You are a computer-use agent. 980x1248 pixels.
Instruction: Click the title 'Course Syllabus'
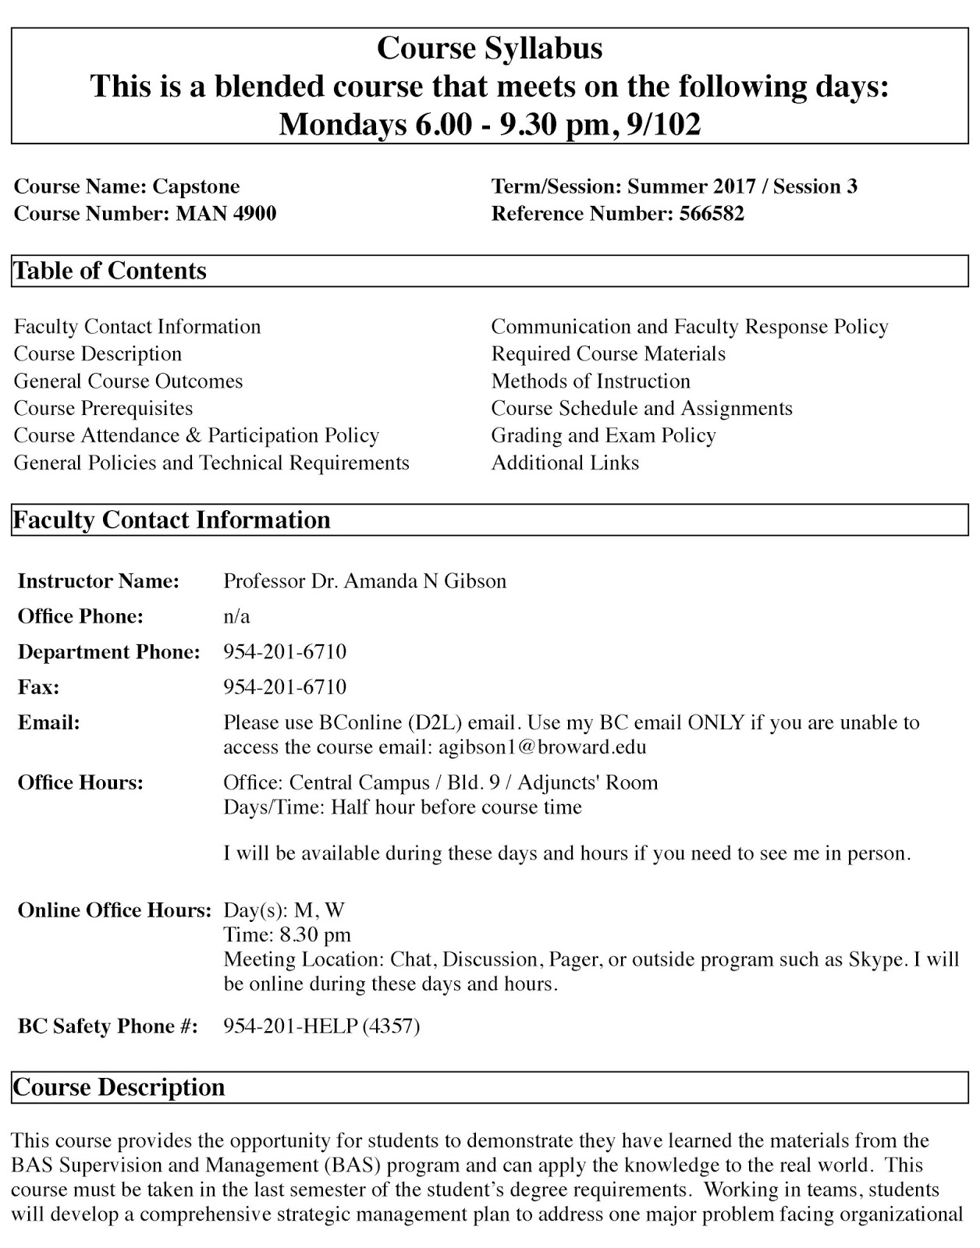[x=489, y=48]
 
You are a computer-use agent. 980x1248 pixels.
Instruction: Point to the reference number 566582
[x=712, y=214]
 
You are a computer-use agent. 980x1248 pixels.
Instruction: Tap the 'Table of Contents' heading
[x=110, y=271]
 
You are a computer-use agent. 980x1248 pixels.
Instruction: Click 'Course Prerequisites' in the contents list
[x=103, y=408]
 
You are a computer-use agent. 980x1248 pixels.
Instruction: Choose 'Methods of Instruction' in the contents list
[x=591, y=381]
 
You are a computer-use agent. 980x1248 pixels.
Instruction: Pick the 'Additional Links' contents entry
[x=565, y=463]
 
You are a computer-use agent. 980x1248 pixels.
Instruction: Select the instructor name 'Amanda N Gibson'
[x=425, y=581]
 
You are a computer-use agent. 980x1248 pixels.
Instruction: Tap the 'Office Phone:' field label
[x=80, y=616]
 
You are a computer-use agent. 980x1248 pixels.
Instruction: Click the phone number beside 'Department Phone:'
[x=285, y=651]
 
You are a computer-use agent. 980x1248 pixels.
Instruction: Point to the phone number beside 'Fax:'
[x=285, y=686]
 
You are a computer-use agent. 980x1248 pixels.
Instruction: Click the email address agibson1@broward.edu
[x=542, y=747]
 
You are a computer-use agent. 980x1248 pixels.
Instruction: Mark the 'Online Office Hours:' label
[x=115, y=910]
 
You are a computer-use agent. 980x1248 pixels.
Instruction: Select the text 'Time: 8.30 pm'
[x=287, y=934]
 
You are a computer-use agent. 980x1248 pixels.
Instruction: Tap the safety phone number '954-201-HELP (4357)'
[x=321, y=1026]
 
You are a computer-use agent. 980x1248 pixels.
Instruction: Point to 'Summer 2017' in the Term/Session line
[x=691, y=186]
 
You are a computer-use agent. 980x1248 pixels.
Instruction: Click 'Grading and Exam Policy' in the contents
[x=603, y=435]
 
